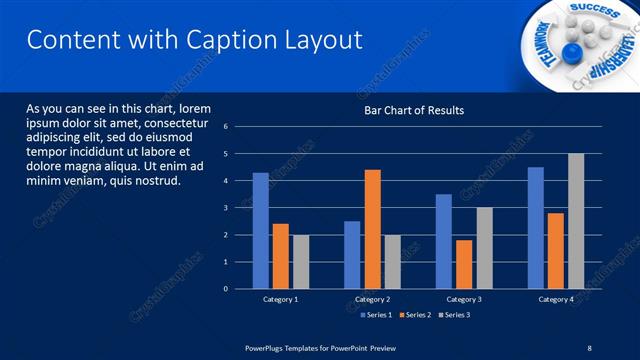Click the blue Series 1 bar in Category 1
(260, 231)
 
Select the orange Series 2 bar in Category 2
(372, 229)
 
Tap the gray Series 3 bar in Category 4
(576, 221)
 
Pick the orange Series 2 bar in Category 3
(464, 264)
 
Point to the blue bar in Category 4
(536, 228)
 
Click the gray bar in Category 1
(301, 262)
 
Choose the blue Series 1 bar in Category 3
(444, 241)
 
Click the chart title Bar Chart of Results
(413, 110)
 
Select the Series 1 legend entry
(375, 315)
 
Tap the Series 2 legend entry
(414, 315)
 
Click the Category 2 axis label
(372, 300)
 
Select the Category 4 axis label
(556, 300)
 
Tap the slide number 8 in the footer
(588, 347)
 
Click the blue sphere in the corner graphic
(571, 51)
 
